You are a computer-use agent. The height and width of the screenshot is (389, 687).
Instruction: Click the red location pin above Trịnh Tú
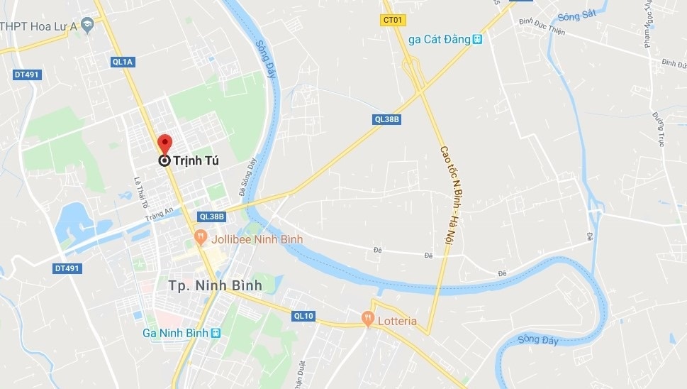pyautogui.click(x=164, y=143)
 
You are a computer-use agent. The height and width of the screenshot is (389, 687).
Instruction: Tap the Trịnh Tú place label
pyautogui.click(x=194, y=161)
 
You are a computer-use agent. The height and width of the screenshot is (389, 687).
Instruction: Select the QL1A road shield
pyautogui.click(x=123, y=62)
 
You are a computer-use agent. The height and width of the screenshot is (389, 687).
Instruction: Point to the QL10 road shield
pyautogui.click(x=303, y=316)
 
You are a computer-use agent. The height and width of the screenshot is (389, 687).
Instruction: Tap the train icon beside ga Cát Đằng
pyautogui.click(x=478, y=39)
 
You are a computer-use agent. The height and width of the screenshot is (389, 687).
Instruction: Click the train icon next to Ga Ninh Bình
pyautogui.click(x=216, y=333)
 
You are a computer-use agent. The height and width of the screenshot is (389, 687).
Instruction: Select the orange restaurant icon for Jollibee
pyautogui.click(x=201, y=238)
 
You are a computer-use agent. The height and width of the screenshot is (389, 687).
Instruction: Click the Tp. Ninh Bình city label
pyautogui.click(x=215, y=285)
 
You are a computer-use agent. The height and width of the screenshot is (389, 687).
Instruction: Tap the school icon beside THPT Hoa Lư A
pyautogui.click(x=86, y=25)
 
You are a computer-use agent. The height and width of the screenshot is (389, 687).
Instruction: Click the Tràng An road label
pyautogui.click(x=159, y=214)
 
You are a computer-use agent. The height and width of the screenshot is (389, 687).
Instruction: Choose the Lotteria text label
pyautogui.click(x=397, y=321)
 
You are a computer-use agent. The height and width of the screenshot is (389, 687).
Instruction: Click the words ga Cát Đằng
pyautogui.click(x=440, y=39)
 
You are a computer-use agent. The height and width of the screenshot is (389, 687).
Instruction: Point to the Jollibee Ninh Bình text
pyautogui.click(x=257, y=239)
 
